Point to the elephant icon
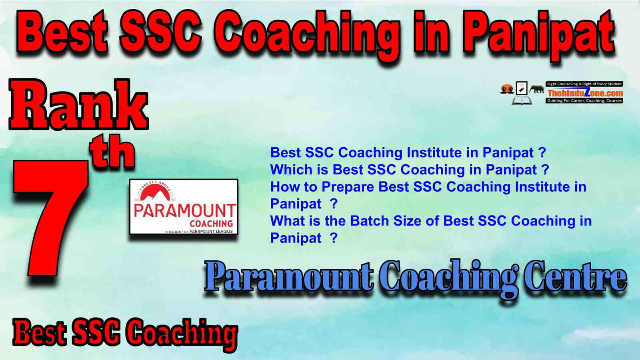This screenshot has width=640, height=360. coord(536,89)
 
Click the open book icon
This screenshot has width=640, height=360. coord(522,100)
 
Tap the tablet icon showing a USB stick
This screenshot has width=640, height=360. coord(522,88)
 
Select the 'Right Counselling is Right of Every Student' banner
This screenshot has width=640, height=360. coord(584,84)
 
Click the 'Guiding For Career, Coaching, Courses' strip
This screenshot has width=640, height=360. coord(584,100)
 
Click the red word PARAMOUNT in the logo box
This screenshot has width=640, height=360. coord(184,211)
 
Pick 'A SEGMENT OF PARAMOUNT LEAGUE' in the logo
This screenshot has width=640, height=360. coord(199,232)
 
